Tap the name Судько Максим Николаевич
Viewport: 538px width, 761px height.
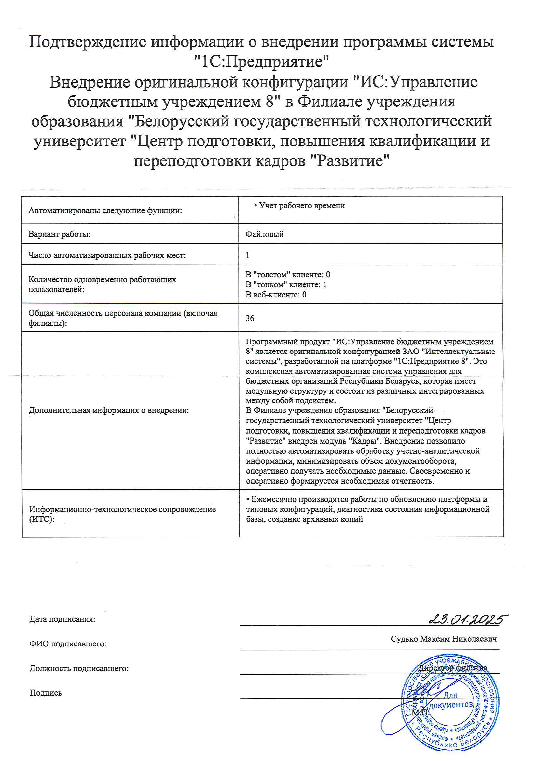coord(444,639)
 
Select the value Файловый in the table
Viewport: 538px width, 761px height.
coord(264,234)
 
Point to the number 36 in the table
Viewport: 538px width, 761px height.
coord(250,318)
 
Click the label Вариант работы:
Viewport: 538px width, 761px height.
coord(59,234)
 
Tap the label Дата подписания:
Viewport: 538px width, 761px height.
coord(62,619)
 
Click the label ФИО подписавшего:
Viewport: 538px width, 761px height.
coord(68,644)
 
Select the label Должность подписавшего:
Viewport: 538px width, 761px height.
coord(79,668)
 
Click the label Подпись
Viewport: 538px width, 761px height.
coord(46,693)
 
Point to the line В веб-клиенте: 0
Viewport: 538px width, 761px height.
coord(276,295)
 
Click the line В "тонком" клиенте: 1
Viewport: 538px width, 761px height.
coord(286,285)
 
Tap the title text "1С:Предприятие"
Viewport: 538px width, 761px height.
coord(262,62)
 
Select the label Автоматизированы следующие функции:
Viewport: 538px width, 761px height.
coord(105,211)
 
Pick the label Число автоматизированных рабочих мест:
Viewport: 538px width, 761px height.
coord(107,255)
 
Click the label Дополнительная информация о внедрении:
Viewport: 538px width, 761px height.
coord(109,410)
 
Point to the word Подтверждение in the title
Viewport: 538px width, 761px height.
coord(88,42)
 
